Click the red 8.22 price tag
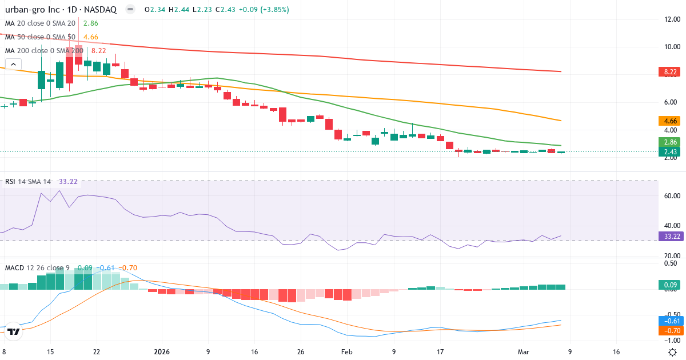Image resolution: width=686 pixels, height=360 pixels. tap(671, 72)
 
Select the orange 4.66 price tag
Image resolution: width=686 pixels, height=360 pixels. tap(671, 121)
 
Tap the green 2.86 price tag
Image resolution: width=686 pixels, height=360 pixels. tap(671, 142)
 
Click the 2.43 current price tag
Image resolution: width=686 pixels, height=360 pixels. tap(671, 152)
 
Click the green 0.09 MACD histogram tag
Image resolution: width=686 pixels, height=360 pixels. tap(671, 285)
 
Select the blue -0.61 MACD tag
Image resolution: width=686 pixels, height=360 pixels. tap(671, 321)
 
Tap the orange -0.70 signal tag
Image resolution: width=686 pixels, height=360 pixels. tap(671, 330)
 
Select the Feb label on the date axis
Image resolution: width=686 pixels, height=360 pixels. tap(347, 352)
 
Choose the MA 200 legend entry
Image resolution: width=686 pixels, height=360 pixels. tap(43, 50)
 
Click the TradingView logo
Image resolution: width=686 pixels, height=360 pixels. tap(14, 331)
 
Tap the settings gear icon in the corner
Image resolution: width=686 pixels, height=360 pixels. tap(673, 352)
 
